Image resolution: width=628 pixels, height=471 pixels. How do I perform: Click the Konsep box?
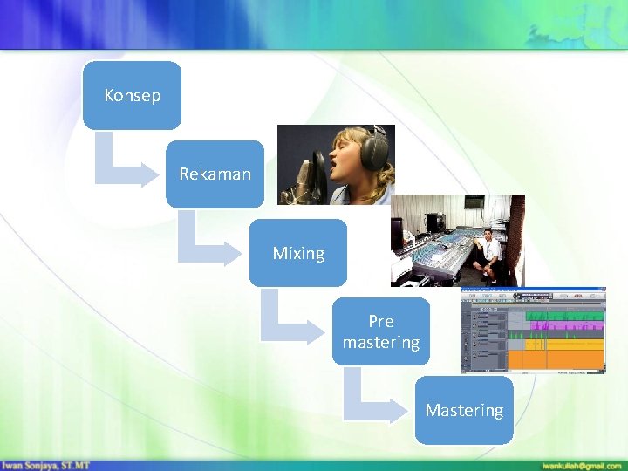click(133, 95)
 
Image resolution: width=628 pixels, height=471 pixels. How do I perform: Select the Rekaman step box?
click(215, 174)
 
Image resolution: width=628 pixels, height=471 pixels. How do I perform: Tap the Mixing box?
click(298, 253)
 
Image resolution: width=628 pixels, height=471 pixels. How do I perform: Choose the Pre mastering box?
click(381, 331)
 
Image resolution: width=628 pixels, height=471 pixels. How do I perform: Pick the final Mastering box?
click(464, 410)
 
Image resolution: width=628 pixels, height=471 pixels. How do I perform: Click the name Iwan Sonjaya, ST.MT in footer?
click(45, 465)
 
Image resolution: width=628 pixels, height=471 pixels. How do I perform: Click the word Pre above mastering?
click(381, 322)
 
